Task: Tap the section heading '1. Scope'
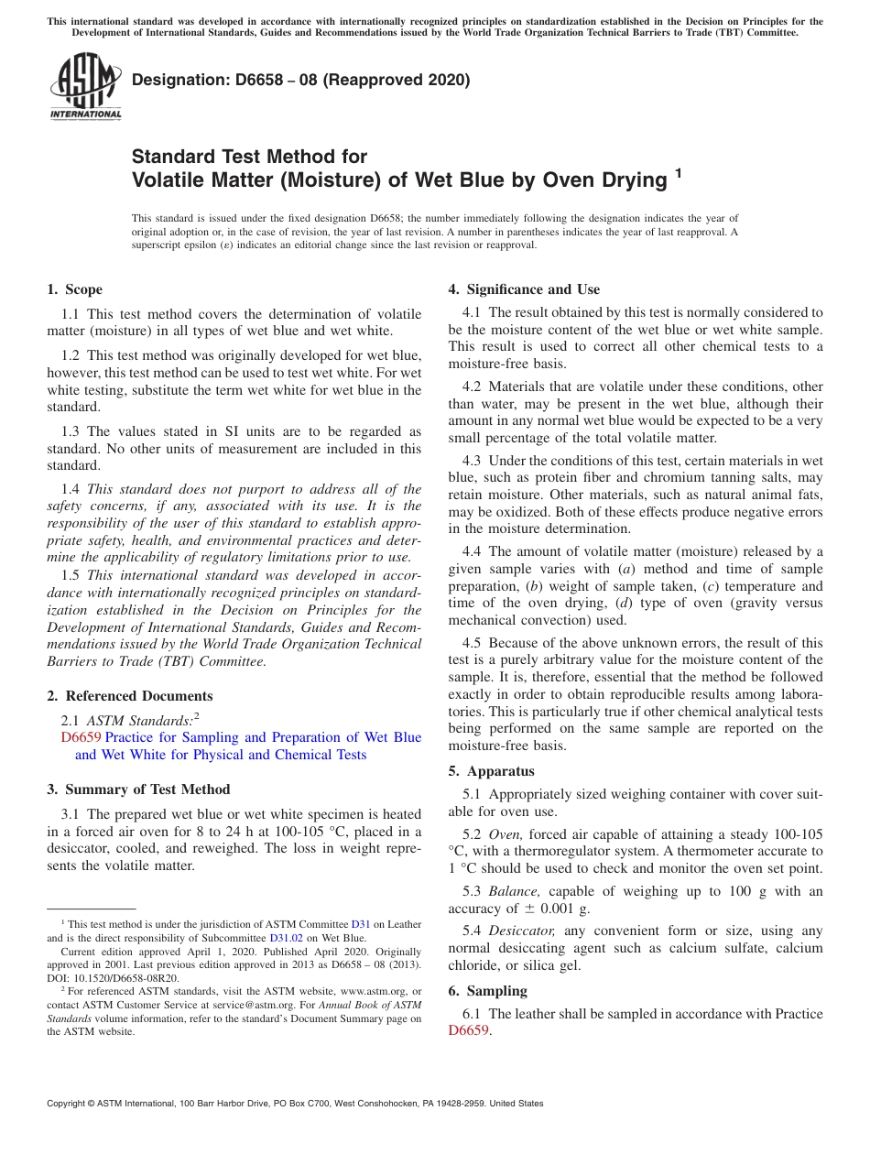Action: click(74, 289)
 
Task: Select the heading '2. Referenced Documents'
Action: click(130, 696)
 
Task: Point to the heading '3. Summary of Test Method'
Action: click(138, 789)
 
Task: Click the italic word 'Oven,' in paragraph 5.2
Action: click(506, 834)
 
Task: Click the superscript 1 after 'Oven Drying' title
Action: click(679, 171)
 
